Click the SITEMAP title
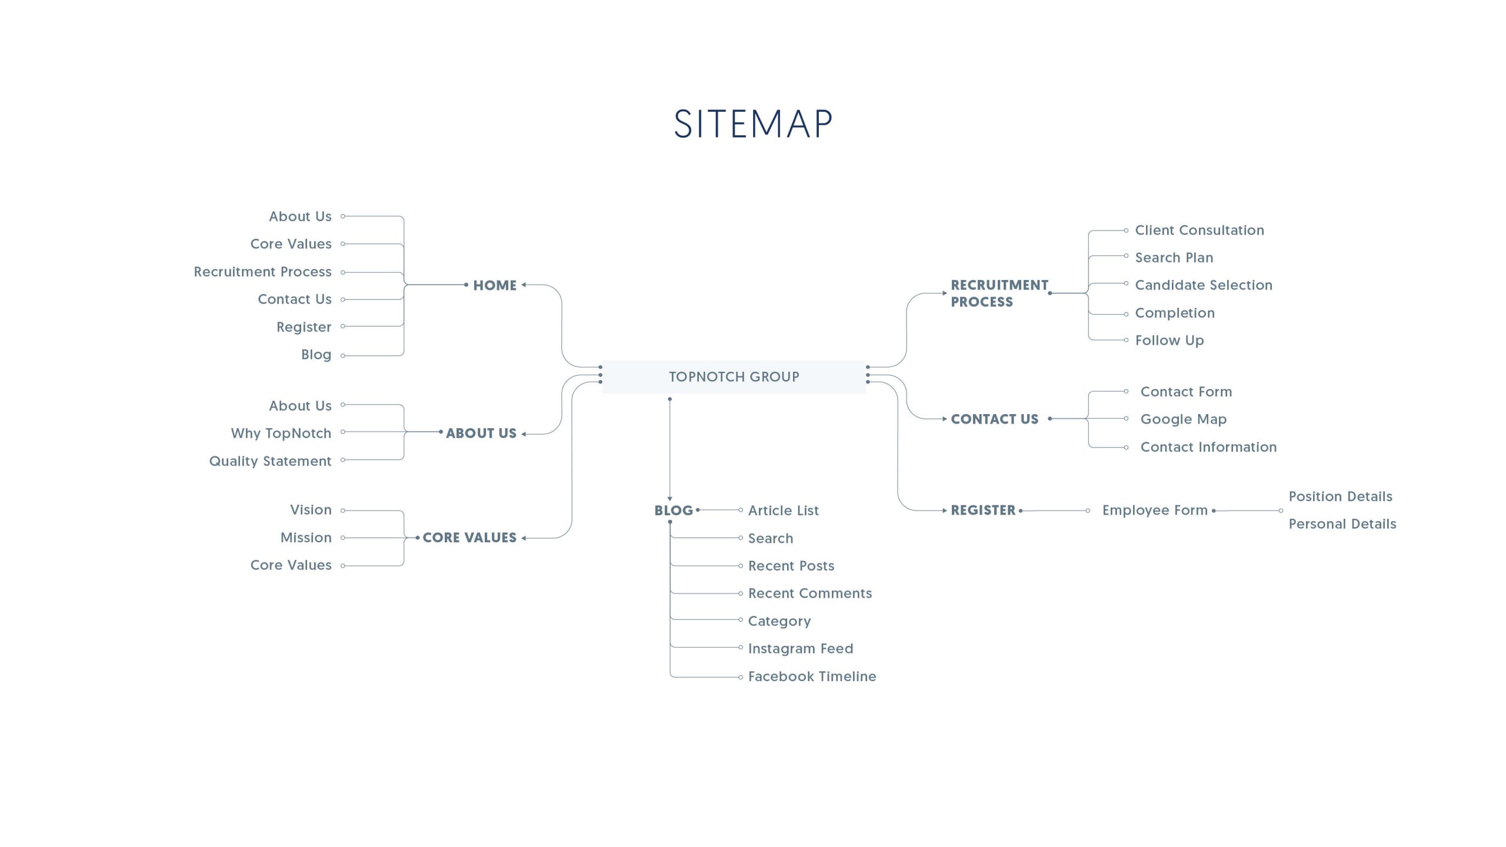pyautogui.click(x=753, y=124)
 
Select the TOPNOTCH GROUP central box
pyautogui.click(x=734, y=376)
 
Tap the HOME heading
pyautogui.click(x=494, y=285)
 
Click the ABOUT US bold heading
pyautogui.click(x=481, y=433)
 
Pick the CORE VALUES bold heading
pyautogui.click(x=469, y=538)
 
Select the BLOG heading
pyautogui.click(x=674, y=511)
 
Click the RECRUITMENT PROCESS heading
pyautogui.click(x=999, y=294)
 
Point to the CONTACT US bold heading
pyautogui.click(x=994, y=419)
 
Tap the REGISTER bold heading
pyautogui.click(x=983, y=511)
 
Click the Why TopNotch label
pyautogui.click(x=281, y=433)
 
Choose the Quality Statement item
pyautogui.click(x=270, y=461)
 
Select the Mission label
pyautogui.click(x=306, y=538)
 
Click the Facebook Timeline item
pyautogui.click(x=812, y=676)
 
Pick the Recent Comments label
pyautogui.click(x=809, y=593)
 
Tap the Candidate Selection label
pyautogui.click(x=1203, y=285)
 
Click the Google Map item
pyautogui.click(x=1183, y=419)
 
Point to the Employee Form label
pyautogui.click(x=1154, y=511)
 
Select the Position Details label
pyautogui.click(x=1340, y=496)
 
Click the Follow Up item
pyautogui.click(x=1169, y=341)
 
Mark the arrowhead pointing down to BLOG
pyautogui.click(x=669, y=499)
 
